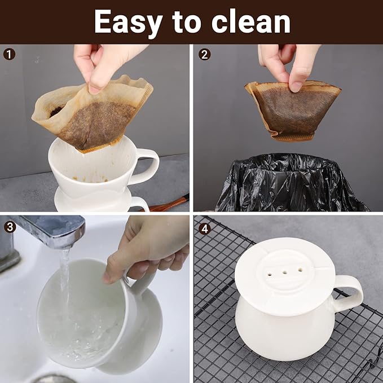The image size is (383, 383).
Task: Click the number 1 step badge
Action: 10,55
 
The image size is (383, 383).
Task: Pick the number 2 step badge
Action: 205,55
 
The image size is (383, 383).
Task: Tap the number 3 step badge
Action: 10,227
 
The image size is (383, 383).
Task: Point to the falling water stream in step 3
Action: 66,282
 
